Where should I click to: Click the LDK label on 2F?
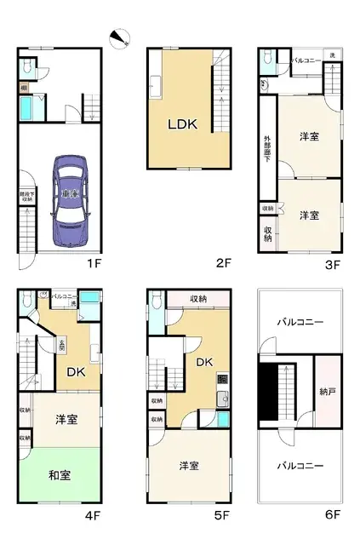coord(181,124)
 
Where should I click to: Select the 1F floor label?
coord(94,262)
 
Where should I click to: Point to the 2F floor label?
coord(224,262)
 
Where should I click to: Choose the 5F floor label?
coord(224,515)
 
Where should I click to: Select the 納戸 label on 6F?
coord(327,393)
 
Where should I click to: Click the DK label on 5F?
coord(204,362)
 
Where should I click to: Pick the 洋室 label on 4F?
coord(68,419)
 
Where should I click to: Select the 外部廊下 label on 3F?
coord(266,149)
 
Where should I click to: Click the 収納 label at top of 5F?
coord(197,298)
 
